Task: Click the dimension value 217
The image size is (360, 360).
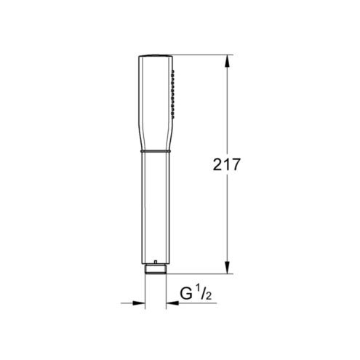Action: tap(226, 164)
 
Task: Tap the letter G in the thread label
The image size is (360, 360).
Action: tap(186, 293)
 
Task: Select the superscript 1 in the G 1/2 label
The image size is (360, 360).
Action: tap(198, 288)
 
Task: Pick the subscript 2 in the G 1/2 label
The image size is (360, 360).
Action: tap(209, 296)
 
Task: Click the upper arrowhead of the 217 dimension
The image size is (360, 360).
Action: tap(227, 61)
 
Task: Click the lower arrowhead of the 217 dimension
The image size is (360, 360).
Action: tap(227, 268)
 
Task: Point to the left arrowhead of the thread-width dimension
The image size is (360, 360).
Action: tap(139, 303)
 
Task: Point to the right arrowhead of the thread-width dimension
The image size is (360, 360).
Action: tap(172, 303)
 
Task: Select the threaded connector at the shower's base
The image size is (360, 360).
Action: tap(156, 269)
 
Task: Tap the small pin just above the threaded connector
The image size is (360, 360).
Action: tap(156, 262)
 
